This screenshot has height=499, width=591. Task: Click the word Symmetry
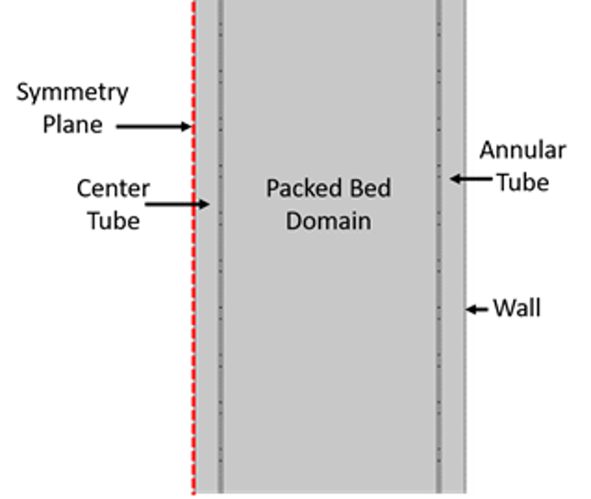tap(72, 93)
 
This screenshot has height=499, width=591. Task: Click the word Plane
tap(72, 125)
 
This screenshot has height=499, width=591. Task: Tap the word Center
tap(113, 188)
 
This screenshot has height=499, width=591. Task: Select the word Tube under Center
tap(114, 220)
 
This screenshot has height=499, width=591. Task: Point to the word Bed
tap(371, 188)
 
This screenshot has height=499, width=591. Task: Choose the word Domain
tap(328, 221)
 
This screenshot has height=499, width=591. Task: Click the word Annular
tap(522, 150)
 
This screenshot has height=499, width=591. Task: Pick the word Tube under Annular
tap(523, 183)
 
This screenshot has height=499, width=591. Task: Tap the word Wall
tap(517, 308)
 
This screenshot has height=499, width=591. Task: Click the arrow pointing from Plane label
tap(154, 126)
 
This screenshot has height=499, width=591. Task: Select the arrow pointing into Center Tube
tap(177, 204)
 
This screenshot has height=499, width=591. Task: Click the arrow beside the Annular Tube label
tap(471, 178)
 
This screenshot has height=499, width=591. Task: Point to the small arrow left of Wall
tap(476, 309)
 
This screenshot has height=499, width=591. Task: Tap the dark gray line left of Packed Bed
tap(221, 247)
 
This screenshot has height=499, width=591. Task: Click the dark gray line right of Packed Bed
tap(439, 247)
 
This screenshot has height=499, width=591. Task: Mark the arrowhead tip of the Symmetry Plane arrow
tap(192, 126)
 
